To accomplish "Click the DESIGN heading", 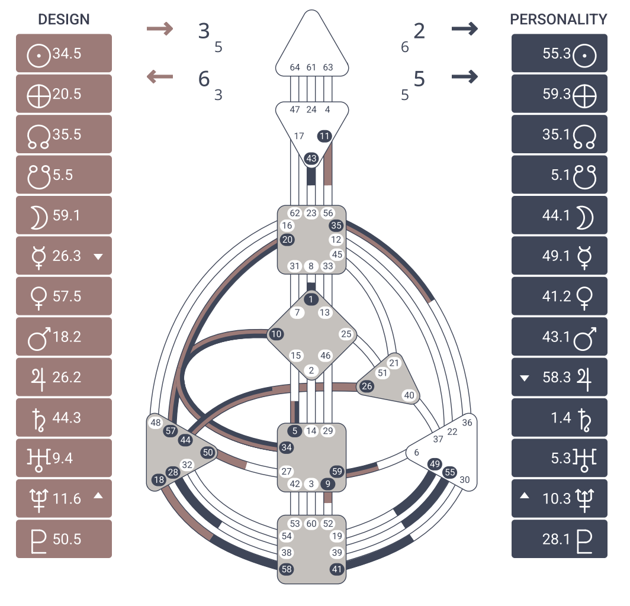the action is (63, 20).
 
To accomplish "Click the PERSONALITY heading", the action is (558, 20).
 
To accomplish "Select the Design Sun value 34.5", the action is (67, 53).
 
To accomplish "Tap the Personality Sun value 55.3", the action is (557, 53).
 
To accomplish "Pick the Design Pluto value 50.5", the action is (67, 539).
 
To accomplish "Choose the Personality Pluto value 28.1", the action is (557, 539).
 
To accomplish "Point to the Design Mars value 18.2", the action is (67, 337).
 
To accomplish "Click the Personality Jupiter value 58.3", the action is (557, 377).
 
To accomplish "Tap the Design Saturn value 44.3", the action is (67, 418).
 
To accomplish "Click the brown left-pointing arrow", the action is (159, 76).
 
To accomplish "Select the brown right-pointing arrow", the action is (159, 28).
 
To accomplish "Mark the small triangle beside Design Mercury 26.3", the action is (98, 257).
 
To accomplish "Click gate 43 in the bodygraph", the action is (311, 159).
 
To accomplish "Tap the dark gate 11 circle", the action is (324, 136).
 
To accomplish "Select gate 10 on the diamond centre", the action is (276, 334).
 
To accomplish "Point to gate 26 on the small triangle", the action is (367, 386).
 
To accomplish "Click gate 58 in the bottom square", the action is (287, 569).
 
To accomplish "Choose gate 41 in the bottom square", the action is (337, 569).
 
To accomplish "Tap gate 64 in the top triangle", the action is (295, 67).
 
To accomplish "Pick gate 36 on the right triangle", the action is (467, 423).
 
